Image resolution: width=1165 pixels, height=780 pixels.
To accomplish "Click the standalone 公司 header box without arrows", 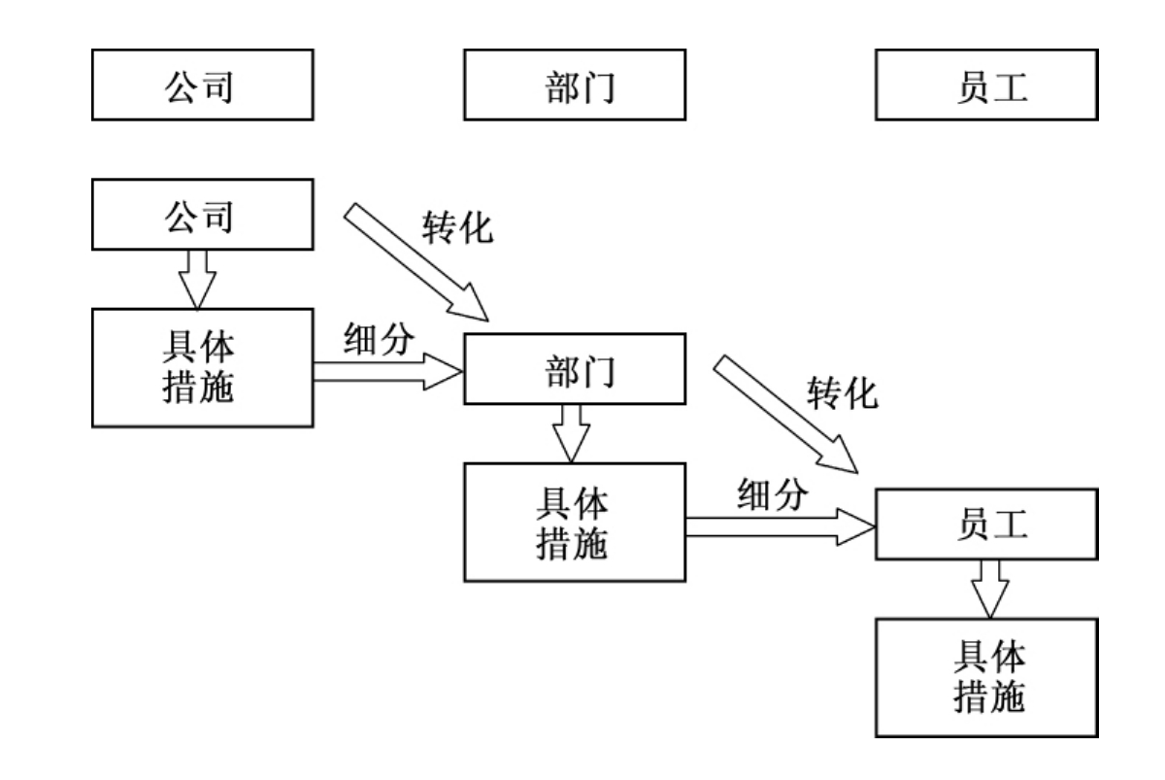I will point(203,85).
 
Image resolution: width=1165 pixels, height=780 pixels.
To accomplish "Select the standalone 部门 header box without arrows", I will point(575,85).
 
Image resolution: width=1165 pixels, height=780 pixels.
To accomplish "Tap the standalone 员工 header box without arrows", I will point(986,85).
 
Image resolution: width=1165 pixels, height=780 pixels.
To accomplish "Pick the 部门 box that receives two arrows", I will point(575,368).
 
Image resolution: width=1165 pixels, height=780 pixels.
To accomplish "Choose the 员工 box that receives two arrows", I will point(986,525).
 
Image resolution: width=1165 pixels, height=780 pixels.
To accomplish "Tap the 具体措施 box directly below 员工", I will point(986,678).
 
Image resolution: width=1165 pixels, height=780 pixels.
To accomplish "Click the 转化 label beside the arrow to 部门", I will point(457,226).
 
